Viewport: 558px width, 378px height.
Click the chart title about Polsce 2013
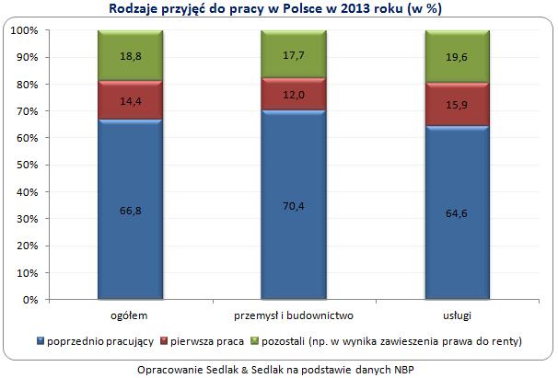[x=278, y=9]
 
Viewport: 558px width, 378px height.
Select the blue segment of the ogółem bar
[x=130, y=210]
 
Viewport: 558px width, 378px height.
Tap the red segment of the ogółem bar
[x=130, y=100]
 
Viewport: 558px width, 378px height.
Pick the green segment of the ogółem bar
[x=130, y=55]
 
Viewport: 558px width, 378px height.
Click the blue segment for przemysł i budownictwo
[x=293, y=205]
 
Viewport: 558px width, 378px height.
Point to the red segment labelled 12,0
[x=293, y=94]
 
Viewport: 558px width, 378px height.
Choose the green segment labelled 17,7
[x=293, y=54]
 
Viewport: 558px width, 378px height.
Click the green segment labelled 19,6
[x=456, y=57]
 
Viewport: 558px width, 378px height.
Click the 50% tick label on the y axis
[x=27, y=166]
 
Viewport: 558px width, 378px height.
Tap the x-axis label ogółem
[x=130, y=315]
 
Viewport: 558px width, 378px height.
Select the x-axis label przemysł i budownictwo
[x=293, y=315]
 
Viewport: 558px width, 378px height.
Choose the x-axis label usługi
[x=456, y=315]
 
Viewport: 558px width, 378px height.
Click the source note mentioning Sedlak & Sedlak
[x=278, y=367]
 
